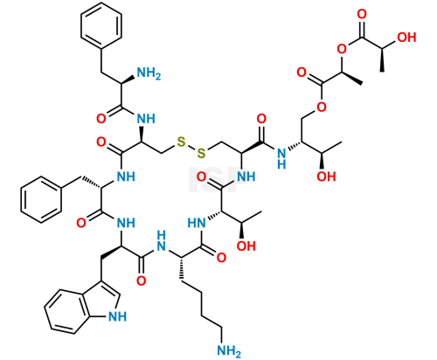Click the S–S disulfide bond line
(x=191, y=148)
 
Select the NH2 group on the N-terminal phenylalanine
(x=149, y=73)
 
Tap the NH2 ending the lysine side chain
(x=229, y=350)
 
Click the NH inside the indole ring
(x=117, y=316)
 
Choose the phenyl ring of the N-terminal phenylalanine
(x=101, y=25)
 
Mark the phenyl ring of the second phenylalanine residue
(x=41, y=199)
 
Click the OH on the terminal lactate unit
(x=406, y=38)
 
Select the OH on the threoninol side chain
(x=326, y=177)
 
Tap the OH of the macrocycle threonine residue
(x=246, y=246)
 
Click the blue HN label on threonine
(x=197, y=223)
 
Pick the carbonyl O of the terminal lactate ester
(x=362, y=14)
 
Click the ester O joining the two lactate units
(x=342, y=49)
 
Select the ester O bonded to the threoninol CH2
(x=322, y=107)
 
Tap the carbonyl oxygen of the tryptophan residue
(x=142, y=281)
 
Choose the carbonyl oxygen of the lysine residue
(x=221, y=258)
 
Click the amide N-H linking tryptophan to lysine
(x=161, y=241)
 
